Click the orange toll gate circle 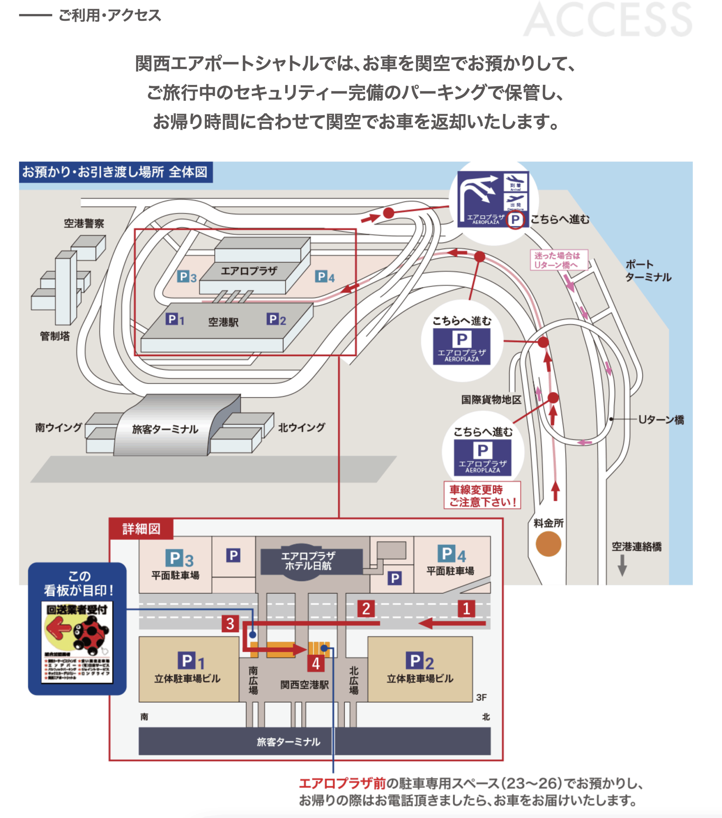pyautogui.click(x=548, y=544)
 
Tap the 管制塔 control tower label pyautogui.click(x=55, y=336)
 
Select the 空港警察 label pyautogui.click(x=84, y=223)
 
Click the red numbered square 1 pyautogui.click(x=467, y=608)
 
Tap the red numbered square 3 pyautogui.click(x=230, y=623)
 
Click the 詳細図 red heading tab pyautogui.click(x=141, y=529)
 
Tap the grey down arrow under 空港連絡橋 pyautogui.click(x=622, y=566)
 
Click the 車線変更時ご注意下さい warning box pyautogui.click(x=482, y=496)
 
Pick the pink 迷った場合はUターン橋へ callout pyautogui.click(x=559, y=260)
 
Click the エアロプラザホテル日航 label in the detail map pyautogui.click(x=308, y=560)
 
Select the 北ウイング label pyautogui.click(x=302, y=428)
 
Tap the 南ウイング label pyautogui.click(x=59, y=428)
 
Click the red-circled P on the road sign pyautogui.click(x=515, y=220)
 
